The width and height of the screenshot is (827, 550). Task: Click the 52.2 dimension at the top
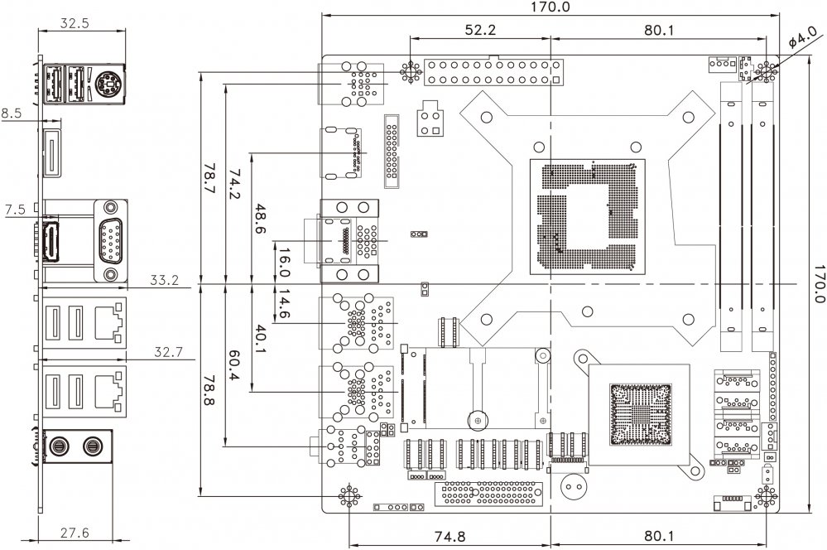[x=479, y=31]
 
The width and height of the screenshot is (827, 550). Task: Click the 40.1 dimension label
[x=259, y=339]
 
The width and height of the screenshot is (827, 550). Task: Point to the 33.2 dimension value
[x=165, y=280]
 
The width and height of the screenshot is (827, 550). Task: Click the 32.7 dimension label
[x=168, y=353]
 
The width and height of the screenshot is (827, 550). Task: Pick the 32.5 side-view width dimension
[x=75, y=24]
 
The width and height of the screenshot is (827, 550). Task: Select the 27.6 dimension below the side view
[x=75, y=533]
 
